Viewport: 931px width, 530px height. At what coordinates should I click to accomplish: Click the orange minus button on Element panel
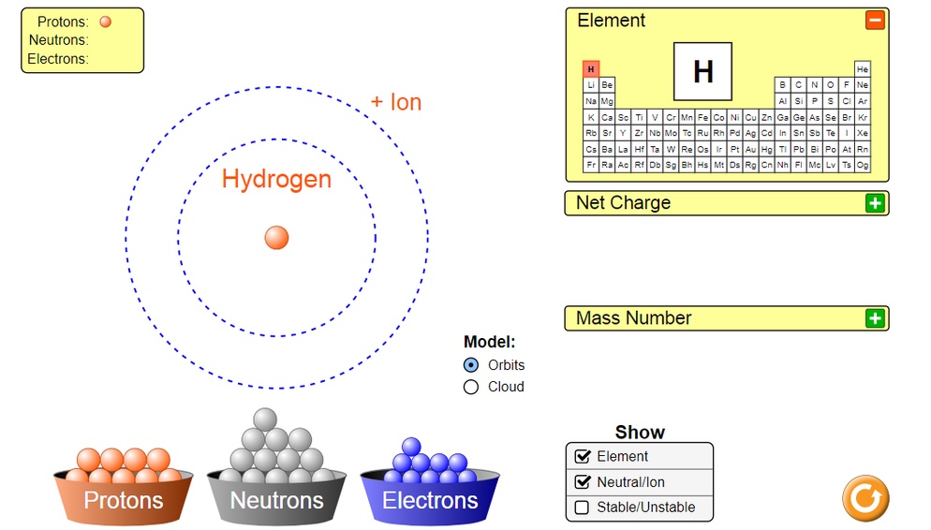pyautogui.click(x=875, y=20)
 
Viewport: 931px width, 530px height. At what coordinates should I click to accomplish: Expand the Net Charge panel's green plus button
pyautogui.click(x=875, y=202)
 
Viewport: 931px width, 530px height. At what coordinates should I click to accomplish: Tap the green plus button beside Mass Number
pyautogui.click(x=875, y=318)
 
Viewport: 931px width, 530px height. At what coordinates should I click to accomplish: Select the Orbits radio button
pyautogui.click(x=471, y=365)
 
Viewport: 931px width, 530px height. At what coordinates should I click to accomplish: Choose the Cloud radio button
pyautogui.click(x=471, y=387)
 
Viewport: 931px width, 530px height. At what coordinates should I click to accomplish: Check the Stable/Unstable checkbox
pyautogui.click(x=582, y=508)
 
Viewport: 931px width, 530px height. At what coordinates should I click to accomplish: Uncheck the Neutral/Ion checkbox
pyautogui.click(x=582, y=482)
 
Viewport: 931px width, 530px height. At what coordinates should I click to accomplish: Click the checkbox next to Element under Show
pyautogui.click(x=582, y=457)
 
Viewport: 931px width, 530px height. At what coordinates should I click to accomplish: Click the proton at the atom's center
pyautogui.click(x=276, y=237)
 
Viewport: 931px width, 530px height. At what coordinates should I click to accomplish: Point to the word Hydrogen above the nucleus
pyautogui.click(x=276, y=179)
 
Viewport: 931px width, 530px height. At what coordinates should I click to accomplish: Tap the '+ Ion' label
pyautogui.click(x=396, y=102)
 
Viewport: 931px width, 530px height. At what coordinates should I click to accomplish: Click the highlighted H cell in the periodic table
pyautogui.click(x=591, y=69)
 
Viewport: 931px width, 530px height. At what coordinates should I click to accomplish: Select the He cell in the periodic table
pyautogui.click(x=863, y=69)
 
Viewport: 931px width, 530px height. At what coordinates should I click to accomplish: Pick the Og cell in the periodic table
pyautogui.click(x=863, y=165)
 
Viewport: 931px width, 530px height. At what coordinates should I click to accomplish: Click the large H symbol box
pyautogui.click(x=702, y=71)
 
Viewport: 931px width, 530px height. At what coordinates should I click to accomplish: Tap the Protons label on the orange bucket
pyautogui.click(x=124, y=500)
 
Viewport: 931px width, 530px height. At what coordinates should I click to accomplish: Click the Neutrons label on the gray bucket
pyautogui.click(x=276, y=500)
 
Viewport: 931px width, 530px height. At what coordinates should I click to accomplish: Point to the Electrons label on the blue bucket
pyautogui.click(x=430, y=500)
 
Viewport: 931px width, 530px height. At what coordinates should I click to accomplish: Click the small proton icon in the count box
pyautogui.click(x=105, y=22)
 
